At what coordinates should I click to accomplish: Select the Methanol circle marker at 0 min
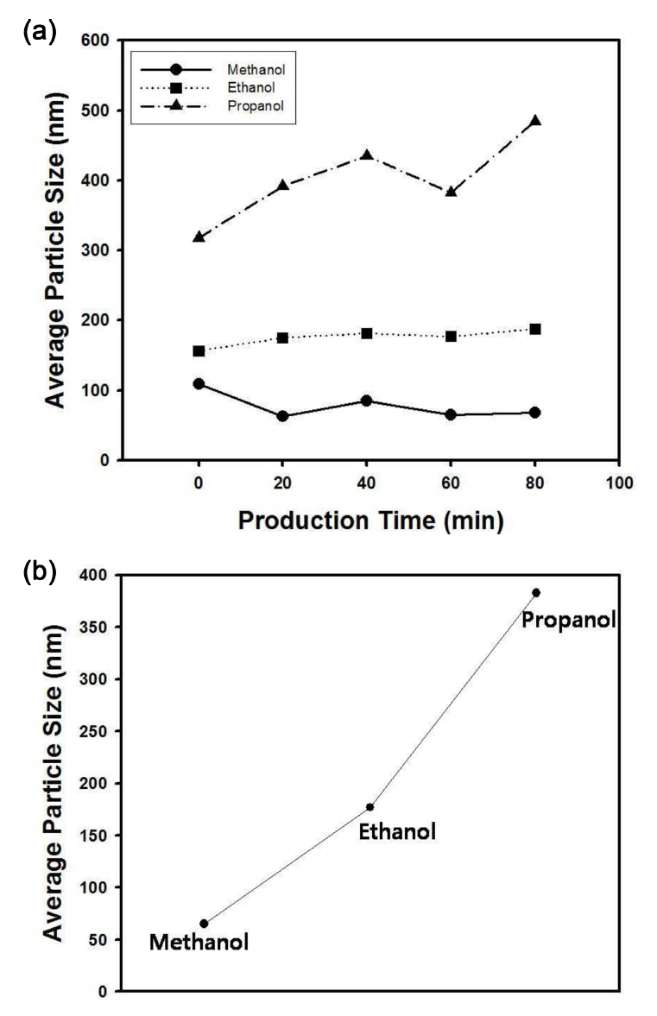tap(199, 383)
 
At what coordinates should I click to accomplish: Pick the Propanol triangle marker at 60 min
tap(451, 192)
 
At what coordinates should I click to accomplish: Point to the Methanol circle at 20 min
tap(282, 416)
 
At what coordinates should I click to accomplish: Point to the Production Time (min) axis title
tap(370, 521)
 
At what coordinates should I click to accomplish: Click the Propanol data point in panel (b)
tap(536, 592)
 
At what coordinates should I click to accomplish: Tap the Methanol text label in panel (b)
tap(199, 942)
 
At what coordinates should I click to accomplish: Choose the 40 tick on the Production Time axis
tap(367, 483)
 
